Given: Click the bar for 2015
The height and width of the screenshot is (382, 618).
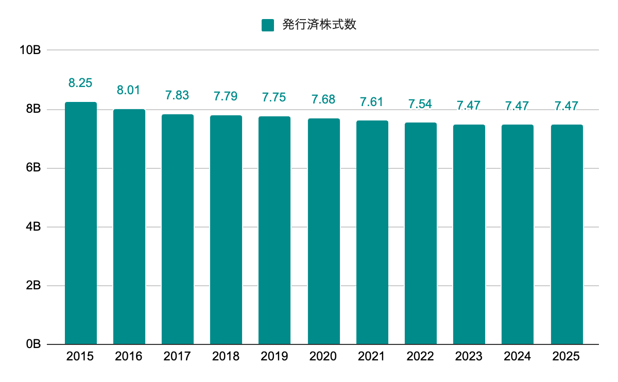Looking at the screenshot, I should pos(80,223).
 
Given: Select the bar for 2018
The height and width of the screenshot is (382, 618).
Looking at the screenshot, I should pos(226,230).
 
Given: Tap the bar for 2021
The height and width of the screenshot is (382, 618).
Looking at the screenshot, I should pos(372,232).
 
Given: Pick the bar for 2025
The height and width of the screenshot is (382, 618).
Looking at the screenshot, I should pos(566,234).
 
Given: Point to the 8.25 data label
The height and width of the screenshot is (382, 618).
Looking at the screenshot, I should pos(80,83).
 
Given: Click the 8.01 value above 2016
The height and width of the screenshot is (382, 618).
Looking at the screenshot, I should pos(129,90).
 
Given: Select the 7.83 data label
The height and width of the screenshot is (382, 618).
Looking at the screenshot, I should pos(177,95).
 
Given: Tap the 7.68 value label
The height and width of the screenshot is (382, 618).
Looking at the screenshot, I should pos(323,99).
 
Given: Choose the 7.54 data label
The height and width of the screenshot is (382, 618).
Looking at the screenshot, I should pos(420,103).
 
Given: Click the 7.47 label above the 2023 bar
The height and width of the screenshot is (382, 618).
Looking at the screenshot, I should pos(469,106).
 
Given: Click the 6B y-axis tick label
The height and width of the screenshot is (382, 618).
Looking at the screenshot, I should pos(33,168).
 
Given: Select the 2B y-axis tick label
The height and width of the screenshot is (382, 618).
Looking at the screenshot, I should pos(33,286).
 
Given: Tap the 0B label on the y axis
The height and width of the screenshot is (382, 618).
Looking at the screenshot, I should pos(33,344).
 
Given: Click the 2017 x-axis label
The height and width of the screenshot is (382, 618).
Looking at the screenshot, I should pos(177,356).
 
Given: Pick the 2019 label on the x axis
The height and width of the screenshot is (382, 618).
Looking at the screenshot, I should pos(274,356).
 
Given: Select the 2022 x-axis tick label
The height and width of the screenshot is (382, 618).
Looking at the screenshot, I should pos(420,356).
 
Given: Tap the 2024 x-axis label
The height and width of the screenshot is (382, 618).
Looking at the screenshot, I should pos(518,356).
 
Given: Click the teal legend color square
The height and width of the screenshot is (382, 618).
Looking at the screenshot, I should pos(268,25).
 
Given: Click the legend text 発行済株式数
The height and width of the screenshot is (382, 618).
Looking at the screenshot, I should pos(319,25).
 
